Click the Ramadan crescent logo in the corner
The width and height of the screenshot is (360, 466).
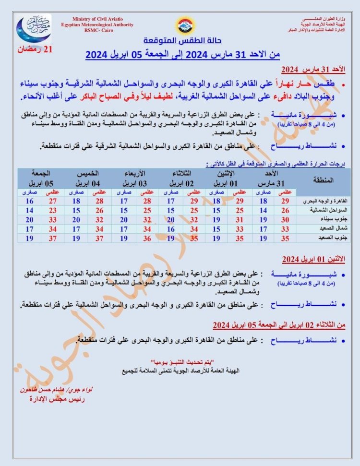[x=33, y=28]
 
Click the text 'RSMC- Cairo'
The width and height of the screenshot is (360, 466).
[x=96, y=31]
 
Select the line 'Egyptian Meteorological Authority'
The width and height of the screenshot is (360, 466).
[x=97, y=25]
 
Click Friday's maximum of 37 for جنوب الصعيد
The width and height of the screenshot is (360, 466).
[x=53, y=238]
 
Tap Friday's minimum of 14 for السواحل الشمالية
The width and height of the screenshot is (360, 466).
[x=30, y=210]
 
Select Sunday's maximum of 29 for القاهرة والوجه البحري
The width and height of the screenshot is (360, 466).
[x=284, y=201]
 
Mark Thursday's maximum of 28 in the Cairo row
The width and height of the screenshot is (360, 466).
[x=100, y=201]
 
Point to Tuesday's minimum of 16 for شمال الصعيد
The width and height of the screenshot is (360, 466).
[x=170, y=228]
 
